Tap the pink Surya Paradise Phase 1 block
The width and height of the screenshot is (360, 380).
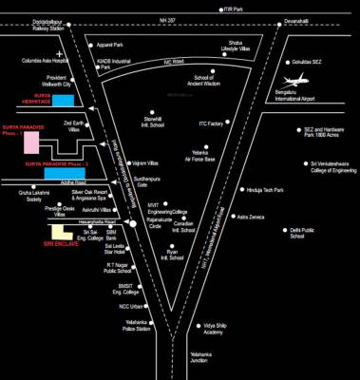click(31, 142)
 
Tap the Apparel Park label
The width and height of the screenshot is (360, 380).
click(113, 46)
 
